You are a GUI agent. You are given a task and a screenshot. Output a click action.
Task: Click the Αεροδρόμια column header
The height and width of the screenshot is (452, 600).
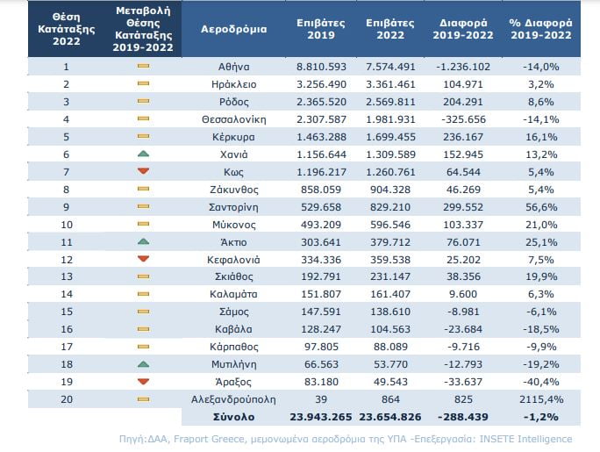pos(234,29)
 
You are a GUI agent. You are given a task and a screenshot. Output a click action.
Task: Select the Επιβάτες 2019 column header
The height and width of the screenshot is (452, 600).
pos(321,29)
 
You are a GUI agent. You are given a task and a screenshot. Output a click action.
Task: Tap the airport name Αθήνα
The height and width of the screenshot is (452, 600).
pos(234,67)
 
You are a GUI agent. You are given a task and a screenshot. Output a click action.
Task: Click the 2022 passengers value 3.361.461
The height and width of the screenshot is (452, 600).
pos(390,84)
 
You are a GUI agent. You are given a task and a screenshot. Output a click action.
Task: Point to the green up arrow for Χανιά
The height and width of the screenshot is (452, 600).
pos(143,154)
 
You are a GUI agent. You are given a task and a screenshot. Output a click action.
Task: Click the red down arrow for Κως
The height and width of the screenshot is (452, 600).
pos(143,171)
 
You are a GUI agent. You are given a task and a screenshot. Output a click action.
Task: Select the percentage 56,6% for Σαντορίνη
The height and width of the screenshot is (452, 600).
pos(541,207)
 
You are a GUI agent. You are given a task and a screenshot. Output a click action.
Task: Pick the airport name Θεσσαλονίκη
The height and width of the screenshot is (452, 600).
pos(234,119)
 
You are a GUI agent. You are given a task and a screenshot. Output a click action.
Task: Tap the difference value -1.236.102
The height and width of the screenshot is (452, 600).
pos(463,67)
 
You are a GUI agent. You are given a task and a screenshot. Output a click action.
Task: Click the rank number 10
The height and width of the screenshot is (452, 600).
pos(67,225)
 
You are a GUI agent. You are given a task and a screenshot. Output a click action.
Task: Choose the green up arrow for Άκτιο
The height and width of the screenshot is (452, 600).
pos(143,241)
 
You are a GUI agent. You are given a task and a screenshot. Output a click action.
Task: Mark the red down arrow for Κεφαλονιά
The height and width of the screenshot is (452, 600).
pos(143,259)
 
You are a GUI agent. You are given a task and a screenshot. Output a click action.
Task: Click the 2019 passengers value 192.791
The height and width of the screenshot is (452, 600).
pos(321,276)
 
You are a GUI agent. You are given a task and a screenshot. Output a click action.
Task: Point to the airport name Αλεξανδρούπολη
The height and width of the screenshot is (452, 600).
pos(233,399)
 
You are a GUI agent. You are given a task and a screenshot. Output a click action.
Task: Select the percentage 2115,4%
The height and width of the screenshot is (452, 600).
pos(541,399)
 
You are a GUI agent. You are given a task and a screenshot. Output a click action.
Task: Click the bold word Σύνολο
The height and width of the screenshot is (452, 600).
pos(234,417)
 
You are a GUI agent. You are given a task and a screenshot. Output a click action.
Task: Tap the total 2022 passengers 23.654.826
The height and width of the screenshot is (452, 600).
pos(390,417)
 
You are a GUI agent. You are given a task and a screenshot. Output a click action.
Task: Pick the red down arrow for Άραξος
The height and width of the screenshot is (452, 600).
pos(143,382)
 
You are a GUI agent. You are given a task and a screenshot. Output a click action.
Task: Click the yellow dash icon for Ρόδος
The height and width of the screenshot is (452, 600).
pos(143,101)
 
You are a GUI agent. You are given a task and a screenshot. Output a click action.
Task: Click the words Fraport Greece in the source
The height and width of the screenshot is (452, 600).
pos(209,439)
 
